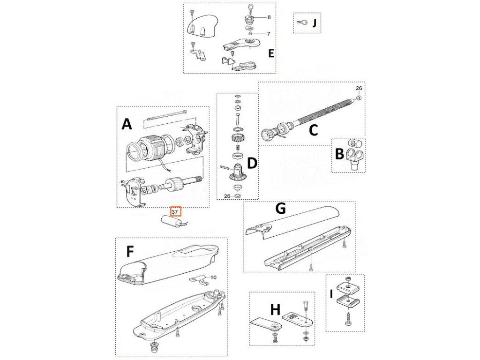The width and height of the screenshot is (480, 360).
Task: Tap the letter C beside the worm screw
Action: point(313,130)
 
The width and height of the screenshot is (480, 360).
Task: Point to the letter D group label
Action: point(252,163)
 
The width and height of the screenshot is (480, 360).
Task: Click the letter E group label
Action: point(271,53)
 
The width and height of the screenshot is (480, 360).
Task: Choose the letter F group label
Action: point(130,252)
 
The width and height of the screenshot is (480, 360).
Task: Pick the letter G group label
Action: point(279,209)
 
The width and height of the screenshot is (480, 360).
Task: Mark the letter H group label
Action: point(275,309)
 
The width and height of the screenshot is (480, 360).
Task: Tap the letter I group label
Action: point(332,294)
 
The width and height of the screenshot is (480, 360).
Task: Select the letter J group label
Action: point(315,23)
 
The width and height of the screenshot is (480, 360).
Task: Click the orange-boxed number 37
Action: point(175,212)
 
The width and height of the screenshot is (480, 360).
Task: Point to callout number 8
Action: point(269,17)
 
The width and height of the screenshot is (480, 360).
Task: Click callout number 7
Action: point(269,34)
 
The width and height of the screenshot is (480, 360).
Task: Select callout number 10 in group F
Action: point(214,278)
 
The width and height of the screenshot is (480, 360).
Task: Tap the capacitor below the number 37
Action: point(172,222)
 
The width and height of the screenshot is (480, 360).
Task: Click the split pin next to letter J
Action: point(301,23)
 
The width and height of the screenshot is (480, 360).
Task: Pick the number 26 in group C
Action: point(359,88)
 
